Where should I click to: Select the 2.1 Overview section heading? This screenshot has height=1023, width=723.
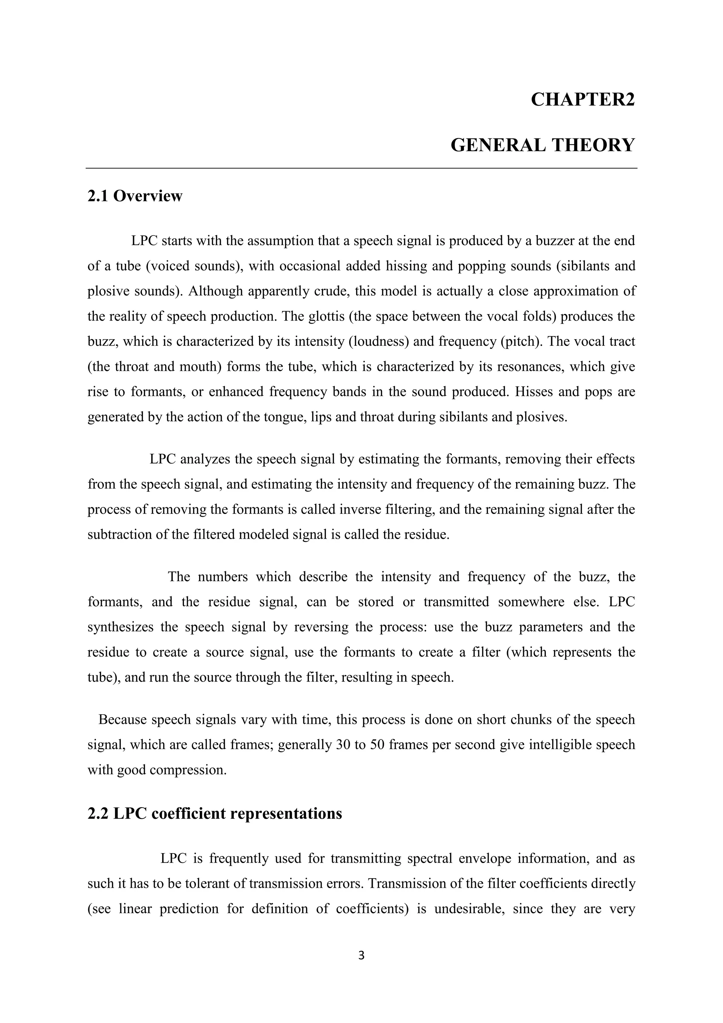point(135,196)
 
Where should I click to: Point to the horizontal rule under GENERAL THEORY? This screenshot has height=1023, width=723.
point(361,168)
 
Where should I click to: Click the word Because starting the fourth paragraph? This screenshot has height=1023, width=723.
point(123,720)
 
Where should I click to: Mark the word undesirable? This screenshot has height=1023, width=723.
point(469,909)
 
